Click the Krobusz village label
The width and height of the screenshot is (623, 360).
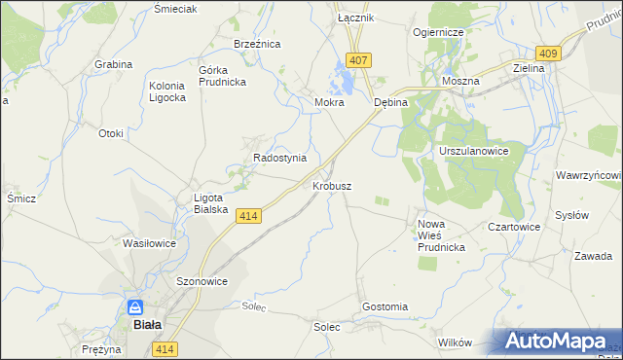(332, 185)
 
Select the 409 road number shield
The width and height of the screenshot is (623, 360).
(548, 54)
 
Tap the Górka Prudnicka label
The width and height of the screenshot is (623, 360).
(222, 76)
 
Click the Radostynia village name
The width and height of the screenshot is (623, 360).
(279, 158)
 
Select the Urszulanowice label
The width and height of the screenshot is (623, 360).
(474, 153)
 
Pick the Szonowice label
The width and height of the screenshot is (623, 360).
(202, 281)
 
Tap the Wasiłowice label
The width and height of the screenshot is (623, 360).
(149, 243)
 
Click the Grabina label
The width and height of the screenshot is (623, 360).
(113, 64)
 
